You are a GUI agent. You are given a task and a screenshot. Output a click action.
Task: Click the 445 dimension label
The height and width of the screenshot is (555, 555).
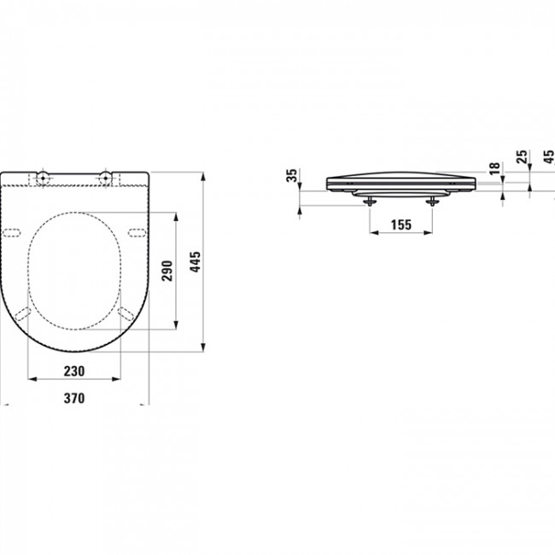pos(195,261)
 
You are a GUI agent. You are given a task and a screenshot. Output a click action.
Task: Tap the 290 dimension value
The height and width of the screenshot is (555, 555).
pos(166,271)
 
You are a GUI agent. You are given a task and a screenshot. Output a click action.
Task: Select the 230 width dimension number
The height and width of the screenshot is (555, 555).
pos(74,371)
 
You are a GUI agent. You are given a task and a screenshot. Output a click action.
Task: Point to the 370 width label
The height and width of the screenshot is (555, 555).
pos(74,398)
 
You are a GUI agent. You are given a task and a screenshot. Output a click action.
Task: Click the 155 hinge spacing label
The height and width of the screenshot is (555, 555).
pos(401,225)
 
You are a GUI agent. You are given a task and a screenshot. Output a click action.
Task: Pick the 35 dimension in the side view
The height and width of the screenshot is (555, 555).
pos(292,175)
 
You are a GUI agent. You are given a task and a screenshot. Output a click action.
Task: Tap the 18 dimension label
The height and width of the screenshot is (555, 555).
pos(494,167)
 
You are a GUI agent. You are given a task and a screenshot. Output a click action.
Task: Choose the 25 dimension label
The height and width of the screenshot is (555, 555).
pos(522,156)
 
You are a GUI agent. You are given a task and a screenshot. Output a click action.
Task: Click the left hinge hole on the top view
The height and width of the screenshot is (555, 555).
pos(43,178)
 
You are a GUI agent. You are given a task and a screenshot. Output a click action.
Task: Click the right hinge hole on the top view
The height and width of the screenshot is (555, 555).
pos(105,178)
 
